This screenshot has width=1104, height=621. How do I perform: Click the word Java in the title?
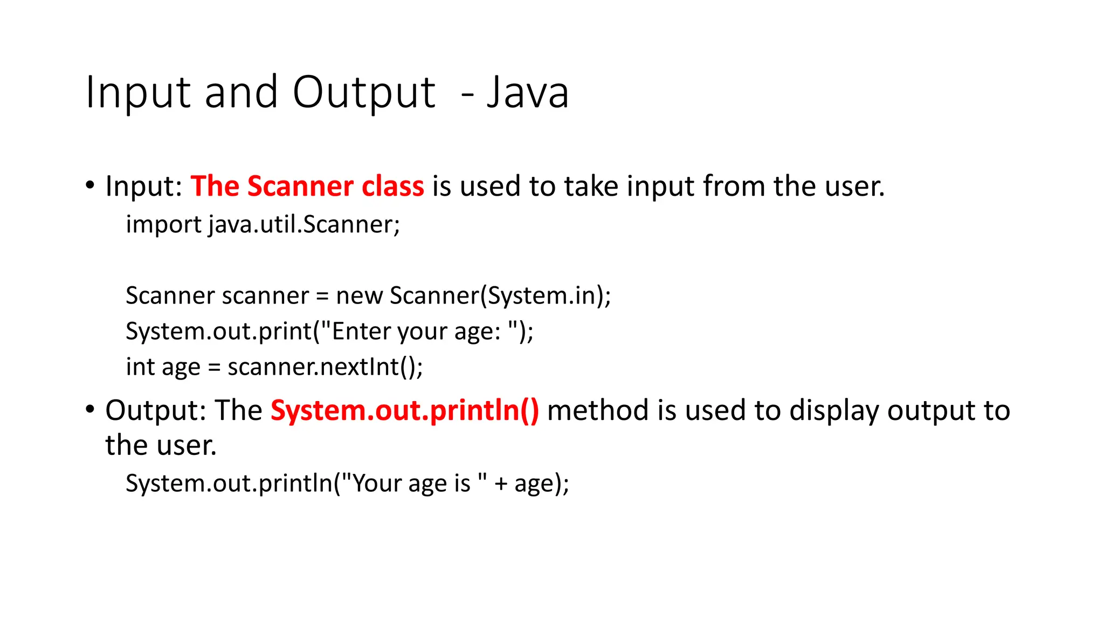(x=528, y=93)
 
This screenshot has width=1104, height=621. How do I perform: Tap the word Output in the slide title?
(x=364, y=93)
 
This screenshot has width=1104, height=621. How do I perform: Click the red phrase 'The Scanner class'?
(x=307, y=186)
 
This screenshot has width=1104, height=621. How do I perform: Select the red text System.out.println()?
(x=404, y=410)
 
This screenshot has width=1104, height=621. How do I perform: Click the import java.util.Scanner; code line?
(x=263, y=224)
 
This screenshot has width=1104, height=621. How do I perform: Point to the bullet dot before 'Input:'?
(x=90, y=185)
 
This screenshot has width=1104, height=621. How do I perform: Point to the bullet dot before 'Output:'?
(x=90, y=410)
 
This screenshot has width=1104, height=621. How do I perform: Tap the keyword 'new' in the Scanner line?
(x=359, y=295)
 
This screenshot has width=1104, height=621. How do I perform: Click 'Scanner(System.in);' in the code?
(x=500, y=295)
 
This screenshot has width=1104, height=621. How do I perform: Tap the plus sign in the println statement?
(x=501, y=484)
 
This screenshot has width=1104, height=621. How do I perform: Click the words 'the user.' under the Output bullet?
(x=161, y=445)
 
